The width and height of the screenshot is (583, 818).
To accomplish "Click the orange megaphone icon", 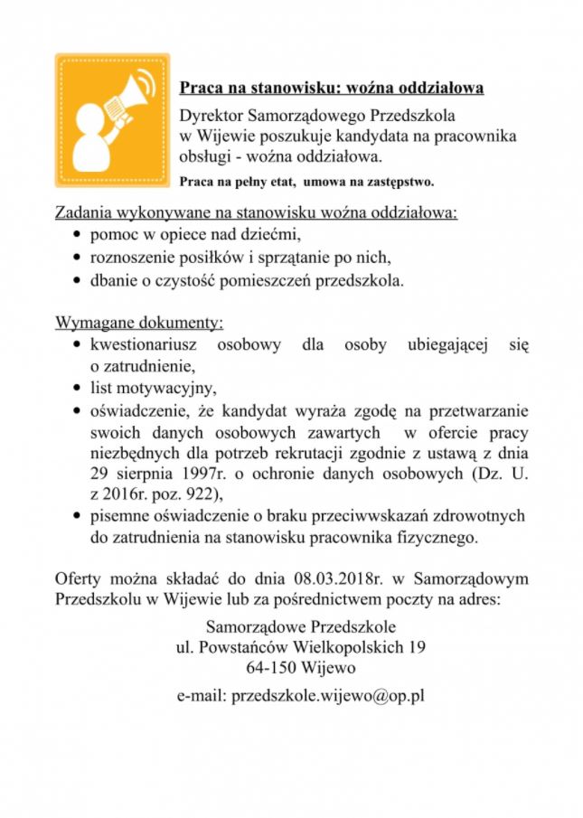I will pos(112,119).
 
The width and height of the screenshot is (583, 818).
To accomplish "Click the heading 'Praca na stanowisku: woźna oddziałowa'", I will pos(331,88).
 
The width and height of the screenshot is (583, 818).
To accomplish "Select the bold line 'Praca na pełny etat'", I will pos(236,182).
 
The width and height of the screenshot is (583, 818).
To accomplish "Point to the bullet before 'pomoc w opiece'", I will pos(77,236).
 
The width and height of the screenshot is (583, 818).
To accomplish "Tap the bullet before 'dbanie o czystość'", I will pos(77,280).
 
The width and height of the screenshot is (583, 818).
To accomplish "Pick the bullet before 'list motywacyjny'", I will pos(77,390).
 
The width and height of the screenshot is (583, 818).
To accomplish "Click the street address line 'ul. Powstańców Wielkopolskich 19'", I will pos(300,647).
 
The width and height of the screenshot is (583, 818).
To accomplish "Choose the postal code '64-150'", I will pos(268,669).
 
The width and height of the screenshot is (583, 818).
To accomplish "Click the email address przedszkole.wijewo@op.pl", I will pos(300,696).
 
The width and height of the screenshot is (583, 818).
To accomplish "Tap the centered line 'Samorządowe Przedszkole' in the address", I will pos(300,625).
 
